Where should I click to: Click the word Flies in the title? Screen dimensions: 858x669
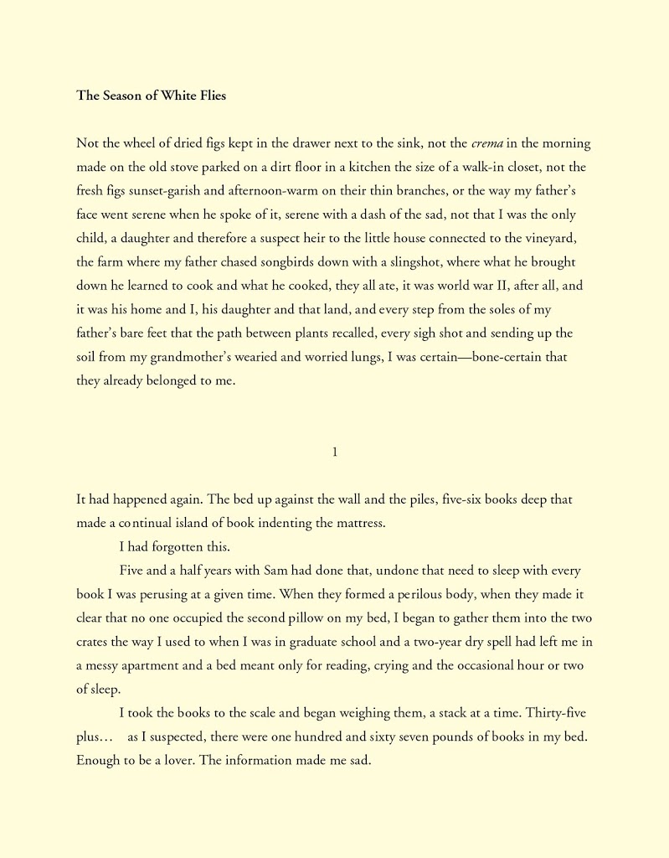[x=208, y=96]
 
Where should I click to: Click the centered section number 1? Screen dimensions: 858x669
[x=335, y=452]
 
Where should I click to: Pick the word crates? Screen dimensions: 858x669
[x=94, y=643]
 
